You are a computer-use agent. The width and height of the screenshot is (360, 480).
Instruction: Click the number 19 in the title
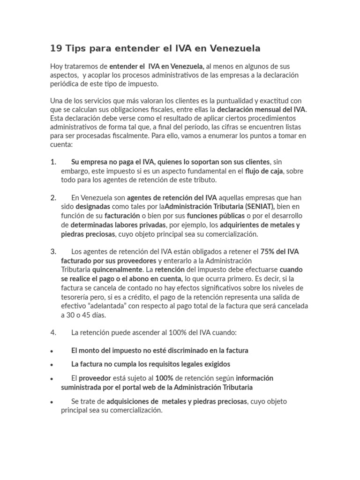(x=56, y=48)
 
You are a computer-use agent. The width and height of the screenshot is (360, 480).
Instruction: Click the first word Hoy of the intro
(x=56, y=67)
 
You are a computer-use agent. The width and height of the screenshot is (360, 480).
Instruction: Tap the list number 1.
(x=53, y=162)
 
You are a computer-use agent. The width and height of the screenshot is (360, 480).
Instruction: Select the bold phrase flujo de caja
(x=264, y=171)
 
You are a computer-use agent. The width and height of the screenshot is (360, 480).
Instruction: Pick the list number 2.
(x=53, y=197)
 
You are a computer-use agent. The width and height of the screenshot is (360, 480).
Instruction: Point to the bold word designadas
(x=93, y=206)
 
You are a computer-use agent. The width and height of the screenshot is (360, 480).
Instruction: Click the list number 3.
(x=53, y=251)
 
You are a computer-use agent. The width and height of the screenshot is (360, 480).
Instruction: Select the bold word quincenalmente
(x=117, y=270)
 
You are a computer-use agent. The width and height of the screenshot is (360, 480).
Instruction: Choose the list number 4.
(x=53, y=332)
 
